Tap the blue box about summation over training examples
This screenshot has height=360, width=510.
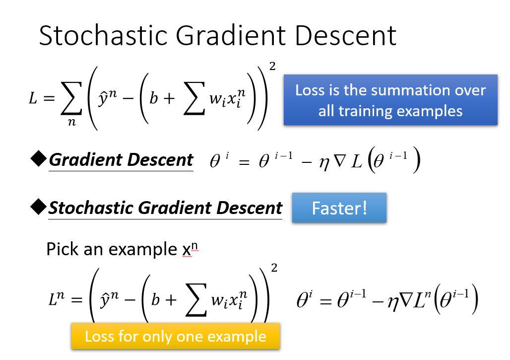coord(390,100)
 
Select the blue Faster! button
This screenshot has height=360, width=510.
coord(339,208)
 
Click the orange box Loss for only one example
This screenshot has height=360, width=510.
coord(176,336)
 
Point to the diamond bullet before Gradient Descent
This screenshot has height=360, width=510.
coord(38,160)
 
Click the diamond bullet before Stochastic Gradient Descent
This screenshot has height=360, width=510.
coord(38,208)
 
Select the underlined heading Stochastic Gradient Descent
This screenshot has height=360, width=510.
coord(165,208)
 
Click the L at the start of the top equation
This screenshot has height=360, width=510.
coord(33,98)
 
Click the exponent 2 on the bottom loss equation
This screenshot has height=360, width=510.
coord(274,269)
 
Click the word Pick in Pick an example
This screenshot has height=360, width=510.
coord(63,249)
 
